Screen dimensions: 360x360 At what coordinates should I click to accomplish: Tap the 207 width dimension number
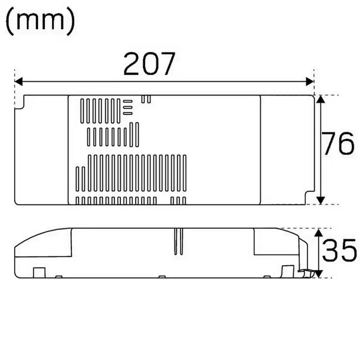(149, 64)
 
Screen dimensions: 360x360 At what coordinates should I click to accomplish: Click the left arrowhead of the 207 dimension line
(19, 81)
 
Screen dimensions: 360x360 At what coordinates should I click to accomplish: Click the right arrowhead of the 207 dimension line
(310, 81)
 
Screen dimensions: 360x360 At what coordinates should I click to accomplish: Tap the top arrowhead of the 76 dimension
(320, 100)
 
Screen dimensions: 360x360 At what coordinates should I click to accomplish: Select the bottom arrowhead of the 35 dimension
(319, 273)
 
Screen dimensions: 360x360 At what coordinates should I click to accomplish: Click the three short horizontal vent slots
(127, 107)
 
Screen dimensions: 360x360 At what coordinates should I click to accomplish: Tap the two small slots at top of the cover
(147, 99)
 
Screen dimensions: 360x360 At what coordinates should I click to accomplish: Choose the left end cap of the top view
(42, 149)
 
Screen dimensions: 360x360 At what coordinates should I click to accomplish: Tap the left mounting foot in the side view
(39, 272)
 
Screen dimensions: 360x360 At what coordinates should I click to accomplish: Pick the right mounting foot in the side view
(287, 271)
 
